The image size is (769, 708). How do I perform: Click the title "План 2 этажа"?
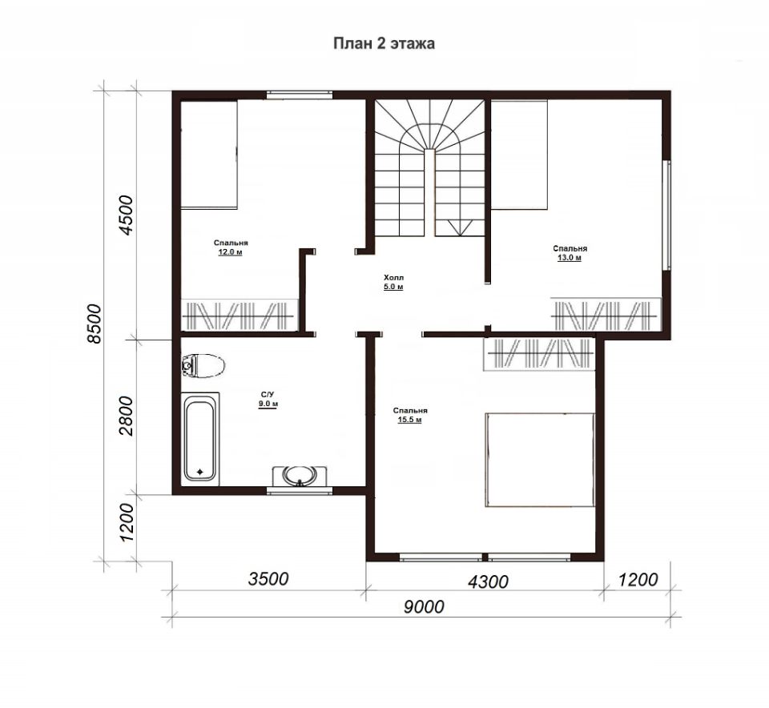click(x=384, y=43)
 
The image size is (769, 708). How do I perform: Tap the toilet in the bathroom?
click(x=203, y=366)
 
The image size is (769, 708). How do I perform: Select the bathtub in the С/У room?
click(x=200, y=436)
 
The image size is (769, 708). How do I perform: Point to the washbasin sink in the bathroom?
click(x=300, y=475)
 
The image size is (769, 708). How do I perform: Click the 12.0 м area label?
click(x=231, y=252)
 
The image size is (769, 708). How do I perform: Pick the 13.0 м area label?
click(x=570, y=258)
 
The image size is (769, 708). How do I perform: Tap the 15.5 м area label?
click(x=410, y=420)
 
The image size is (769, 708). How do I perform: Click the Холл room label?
click(x=394, y=277)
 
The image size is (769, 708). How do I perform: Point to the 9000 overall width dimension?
click(x=425, y=607)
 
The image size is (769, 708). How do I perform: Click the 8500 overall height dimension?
click(x=93, y=324)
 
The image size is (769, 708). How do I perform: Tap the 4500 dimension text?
click(x=126, y=215)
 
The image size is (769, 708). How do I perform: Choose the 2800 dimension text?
click(x=126, y=416)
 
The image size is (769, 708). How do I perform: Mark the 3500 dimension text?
click(x=268, y=579)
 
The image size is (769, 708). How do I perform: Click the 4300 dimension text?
click(x=488, y=582)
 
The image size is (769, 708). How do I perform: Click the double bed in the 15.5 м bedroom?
click(x=540, y=460)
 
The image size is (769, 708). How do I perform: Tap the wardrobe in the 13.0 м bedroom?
click(x=606, y=316)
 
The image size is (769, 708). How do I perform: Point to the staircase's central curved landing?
click(x=429, y=135)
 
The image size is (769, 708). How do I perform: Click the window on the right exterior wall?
click(x=666, y=215)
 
